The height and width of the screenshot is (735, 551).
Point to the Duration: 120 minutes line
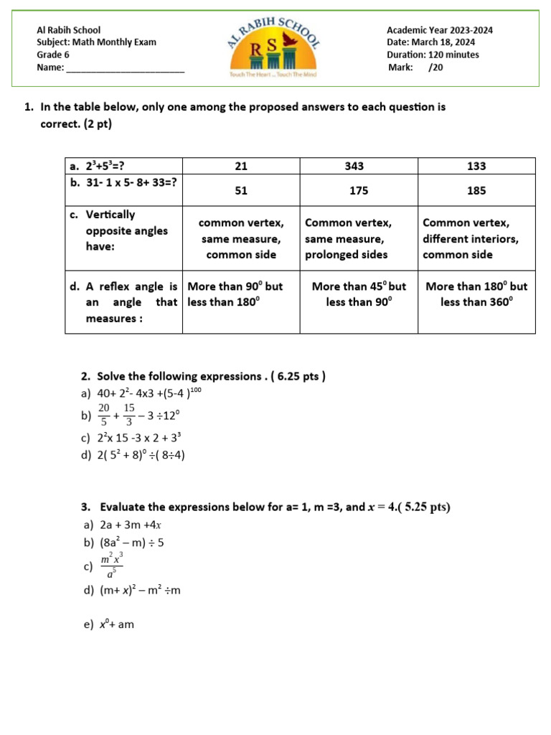(x=433, y=55)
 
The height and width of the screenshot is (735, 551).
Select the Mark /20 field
(x=415, y=67)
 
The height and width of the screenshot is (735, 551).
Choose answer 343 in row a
(x=354, y=166)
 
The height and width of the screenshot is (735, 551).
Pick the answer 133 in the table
(x=476, y=166)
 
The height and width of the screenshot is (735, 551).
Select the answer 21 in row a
(x=240, y=166)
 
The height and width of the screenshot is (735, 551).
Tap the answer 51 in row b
(x=240, y=191)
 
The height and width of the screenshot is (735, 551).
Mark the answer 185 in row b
(x=476, y=191)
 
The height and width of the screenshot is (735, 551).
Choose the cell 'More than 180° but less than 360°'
(x=476, y=294)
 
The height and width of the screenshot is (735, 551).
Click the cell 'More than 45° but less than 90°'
(x=359, y=294)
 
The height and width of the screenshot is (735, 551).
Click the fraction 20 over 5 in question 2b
(x=104, y=415)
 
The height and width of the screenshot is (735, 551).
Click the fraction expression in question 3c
(x=111, y=566)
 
